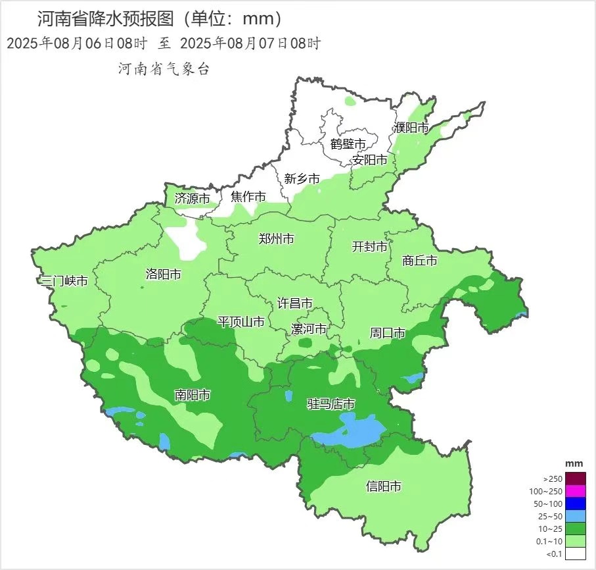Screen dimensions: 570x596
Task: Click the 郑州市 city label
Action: pyautogui.click(x=277, y=239)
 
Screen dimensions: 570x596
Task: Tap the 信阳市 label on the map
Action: pyautogui.click(x=383, y=487)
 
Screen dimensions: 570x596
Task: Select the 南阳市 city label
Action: pyautogui.click(x=193, y=395)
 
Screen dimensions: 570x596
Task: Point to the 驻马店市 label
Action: pyautogui.click(x=331, y=404)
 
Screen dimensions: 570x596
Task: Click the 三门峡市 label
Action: pyautogui.click(x=64, y=281)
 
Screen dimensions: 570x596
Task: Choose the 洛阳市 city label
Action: pyautogui.click(x=163, y=274)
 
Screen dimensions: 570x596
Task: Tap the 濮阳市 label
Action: pyautogui.click(x=411, y=128)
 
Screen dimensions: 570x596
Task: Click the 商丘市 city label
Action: pyautogui.click(x=420, y=261)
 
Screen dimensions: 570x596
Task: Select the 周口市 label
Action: pyautogui.click(x=388, y=333)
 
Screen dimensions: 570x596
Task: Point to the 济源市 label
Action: pyautogui.click(x=192, y=198)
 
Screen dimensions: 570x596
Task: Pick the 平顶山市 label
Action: pyautogui.click(x=241, y=322)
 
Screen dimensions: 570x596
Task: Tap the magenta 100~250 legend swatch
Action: pyautogui.click(x=576, y=491)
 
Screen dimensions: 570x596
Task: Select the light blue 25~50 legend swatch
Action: pyautogui.click(x=576, y=516)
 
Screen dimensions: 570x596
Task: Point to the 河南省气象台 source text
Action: pyautogui.click(x=163, y=68)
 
